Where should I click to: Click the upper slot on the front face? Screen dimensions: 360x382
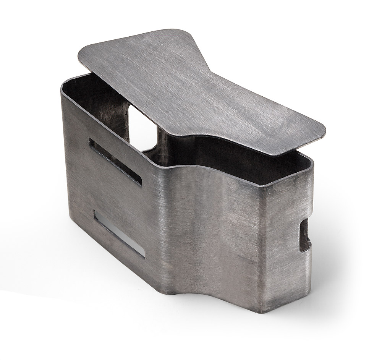click(115, 161)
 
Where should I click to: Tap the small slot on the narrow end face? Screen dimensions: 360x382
click(305, 235)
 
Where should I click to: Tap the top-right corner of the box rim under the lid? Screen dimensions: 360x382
click(311, 161)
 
